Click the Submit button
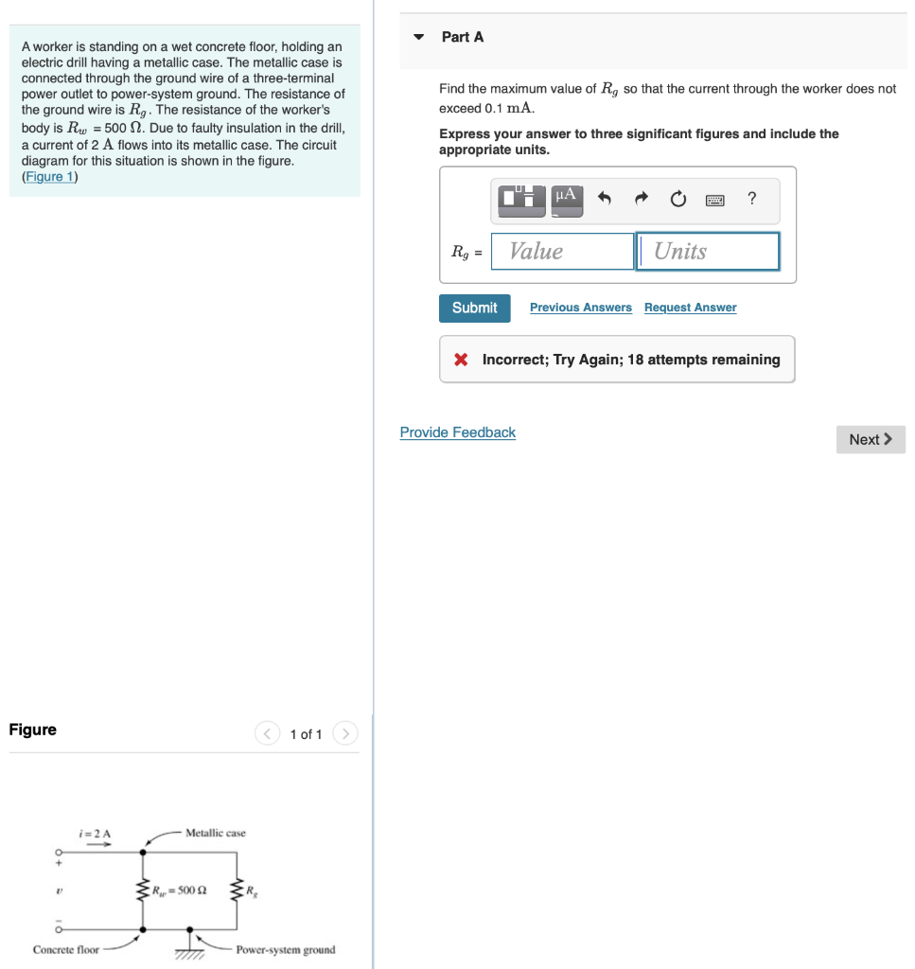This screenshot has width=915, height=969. point(474,308)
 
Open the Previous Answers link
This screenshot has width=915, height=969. point(580,308)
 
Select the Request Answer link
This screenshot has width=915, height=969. point(690,308)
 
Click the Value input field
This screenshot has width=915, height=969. point(562,252)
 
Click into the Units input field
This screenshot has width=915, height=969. point(708,252)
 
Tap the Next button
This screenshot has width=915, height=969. point(870,439)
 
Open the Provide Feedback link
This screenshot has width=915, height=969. point(457,432)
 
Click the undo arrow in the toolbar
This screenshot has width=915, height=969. point(606,199)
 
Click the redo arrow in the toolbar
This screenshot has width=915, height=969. point(642,199)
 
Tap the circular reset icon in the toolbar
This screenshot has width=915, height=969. point(677,200)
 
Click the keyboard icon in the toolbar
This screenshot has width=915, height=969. point(714,200)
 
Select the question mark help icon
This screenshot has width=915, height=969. point(751,199)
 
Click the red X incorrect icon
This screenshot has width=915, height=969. point(461,360)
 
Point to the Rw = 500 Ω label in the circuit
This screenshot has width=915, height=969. point(182,890)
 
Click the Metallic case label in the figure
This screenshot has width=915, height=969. point(215,833)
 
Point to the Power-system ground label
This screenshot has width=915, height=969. point(285,949)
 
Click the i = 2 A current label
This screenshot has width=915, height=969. point(96,833)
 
